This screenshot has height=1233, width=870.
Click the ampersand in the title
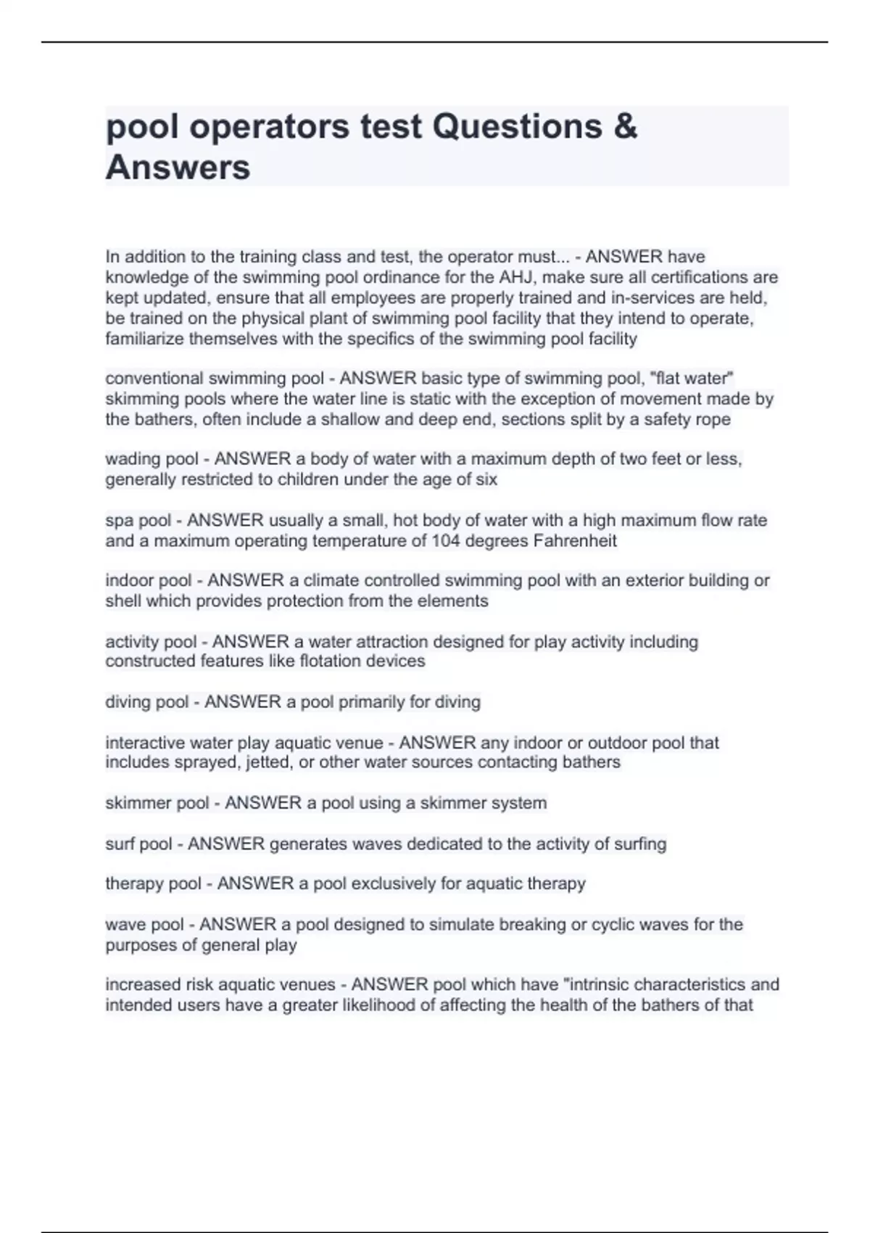pos(625,126)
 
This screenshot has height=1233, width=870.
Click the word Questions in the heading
pos(517,126)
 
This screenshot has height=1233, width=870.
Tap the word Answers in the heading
pos(178,168)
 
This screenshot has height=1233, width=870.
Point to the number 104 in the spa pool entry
pos(447,540)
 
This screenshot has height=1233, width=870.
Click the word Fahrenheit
pos(574,540)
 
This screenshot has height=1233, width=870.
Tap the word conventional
pos(154,378)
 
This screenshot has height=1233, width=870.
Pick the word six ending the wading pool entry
pos(486,479)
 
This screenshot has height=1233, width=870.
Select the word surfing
pos(640,844)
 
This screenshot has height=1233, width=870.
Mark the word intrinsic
pos(606,984)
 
